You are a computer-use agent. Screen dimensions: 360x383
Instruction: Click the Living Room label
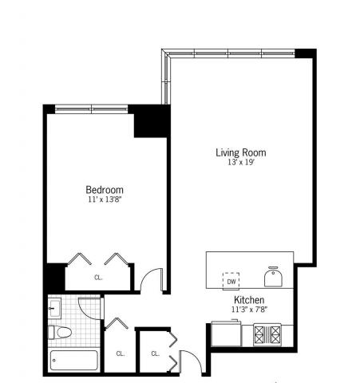tap(240, 152)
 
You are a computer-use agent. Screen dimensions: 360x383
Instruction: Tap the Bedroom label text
tap(105, 190)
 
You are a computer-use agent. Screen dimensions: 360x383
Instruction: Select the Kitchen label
tap(249, 300)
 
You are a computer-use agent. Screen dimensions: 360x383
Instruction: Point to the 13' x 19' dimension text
tap(241, 162)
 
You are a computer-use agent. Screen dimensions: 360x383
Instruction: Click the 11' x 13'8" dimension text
tap(105, 199)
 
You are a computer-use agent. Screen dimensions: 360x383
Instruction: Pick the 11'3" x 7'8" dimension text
tap(249, 310)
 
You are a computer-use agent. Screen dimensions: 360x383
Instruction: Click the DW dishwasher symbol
tap(231, 282)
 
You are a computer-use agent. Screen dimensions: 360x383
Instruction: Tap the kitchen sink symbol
tap(273, 277)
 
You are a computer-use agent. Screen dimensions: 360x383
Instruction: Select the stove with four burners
tap(267, 334)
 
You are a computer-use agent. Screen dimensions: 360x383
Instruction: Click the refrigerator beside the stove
tap(226, 334)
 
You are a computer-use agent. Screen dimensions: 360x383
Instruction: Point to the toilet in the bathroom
tap(60, 333)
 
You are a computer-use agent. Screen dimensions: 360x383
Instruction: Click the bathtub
tap(74, 361)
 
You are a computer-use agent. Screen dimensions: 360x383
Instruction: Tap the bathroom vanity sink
tap(54, 308)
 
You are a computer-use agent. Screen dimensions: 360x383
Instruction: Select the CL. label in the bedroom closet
tap(98, 278)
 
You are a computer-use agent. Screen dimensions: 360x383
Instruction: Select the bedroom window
tap(92, 109)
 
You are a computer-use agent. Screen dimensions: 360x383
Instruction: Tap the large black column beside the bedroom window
tap(151, 121)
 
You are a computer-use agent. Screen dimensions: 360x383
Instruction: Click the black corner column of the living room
tap(306, 53)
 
